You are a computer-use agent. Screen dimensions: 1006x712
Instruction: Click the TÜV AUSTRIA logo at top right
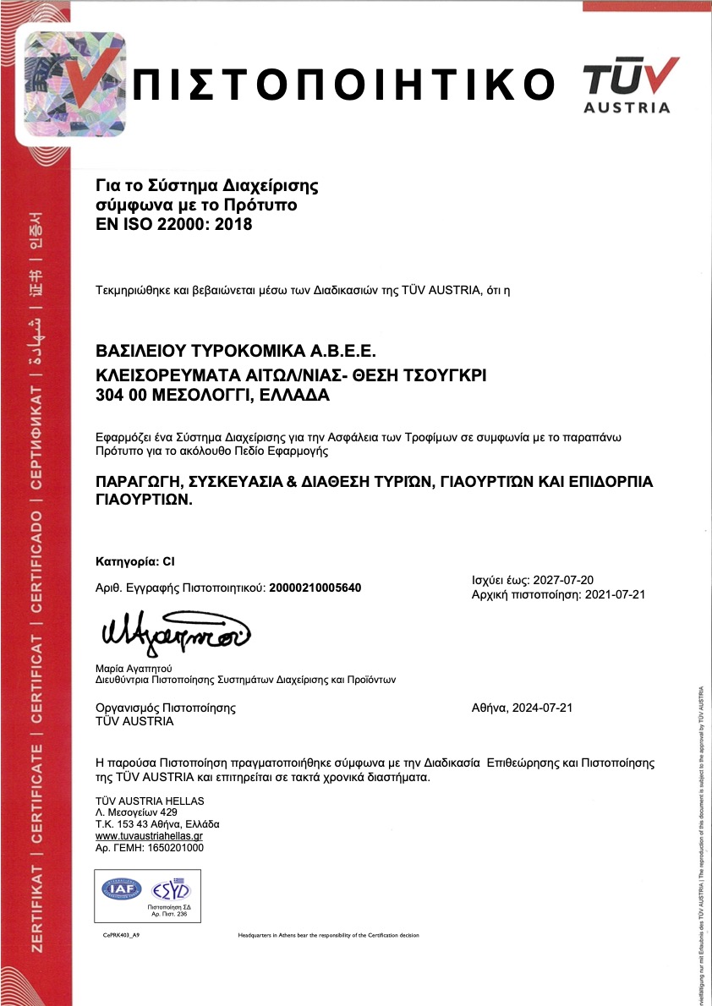coord(630,85)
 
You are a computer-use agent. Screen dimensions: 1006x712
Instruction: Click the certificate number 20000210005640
coord(315,588)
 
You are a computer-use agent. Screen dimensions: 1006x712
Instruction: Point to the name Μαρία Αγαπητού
coord(140,668)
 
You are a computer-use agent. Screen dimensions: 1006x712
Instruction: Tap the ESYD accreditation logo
coord(171,888)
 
